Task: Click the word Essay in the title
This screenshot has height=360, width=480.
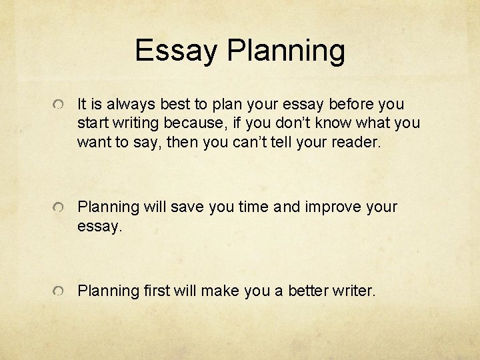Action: (x=176, y=50)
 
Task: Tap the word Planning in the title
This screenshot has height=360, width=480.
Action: (x=286, y=51)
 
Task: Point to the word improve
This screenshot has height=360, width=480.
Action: (x=331, y=207)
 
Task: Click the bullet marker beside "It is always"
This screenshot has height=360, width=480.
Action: (x=59, y=105)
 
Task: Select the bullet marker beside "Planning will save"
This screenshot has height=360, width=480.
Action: (x=59, y=208)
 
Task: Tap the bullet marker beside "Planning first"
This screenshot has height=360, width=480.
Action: (x=59, y=291)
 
